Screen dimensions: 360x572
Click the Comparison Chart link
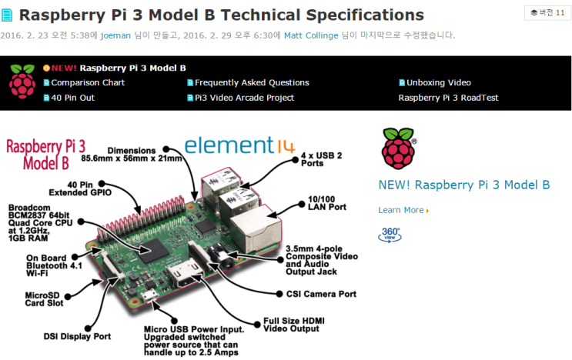[87, 82]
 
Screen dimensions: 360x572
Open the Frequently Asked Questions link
[252, 82]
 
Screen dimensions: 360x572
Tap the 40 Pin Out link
[72, 98]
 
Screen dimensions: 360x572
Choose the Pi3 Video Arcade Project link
[244, 98]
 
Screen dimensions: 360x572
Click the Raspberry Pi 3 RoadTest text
[448, 98]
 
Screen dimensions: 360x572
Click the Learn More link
[401, 210]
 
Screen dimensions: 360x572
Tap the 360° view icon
[390, 234]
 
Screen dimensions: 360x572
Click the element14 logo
[229, 145]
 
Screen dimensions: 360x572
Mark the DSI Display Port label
[77, 336]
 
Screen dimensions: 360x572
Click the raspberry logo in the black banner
[22, 82]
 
